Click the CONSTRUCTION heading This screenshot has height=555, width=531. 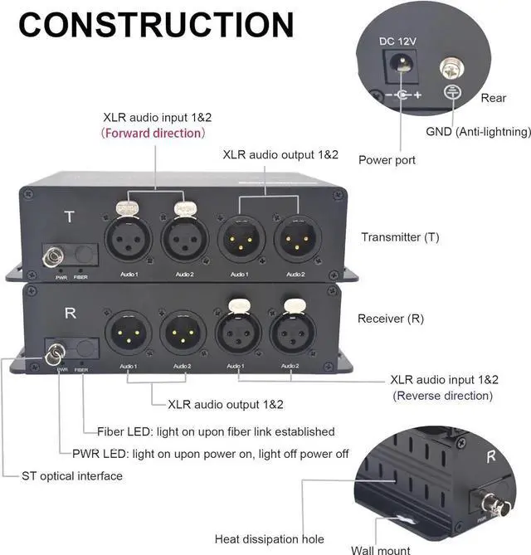coord(156,26)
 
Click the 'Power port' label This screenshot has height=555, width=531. coord(387,160)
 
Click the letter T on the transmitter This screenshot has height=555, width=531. coord(70,217)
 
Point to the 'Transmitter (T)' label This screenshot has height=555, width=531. coord(400,237)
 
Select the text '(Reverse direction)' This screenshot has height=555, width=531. coord(443,396)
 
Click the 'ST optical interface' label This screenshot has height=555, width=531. coord(73,476)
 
